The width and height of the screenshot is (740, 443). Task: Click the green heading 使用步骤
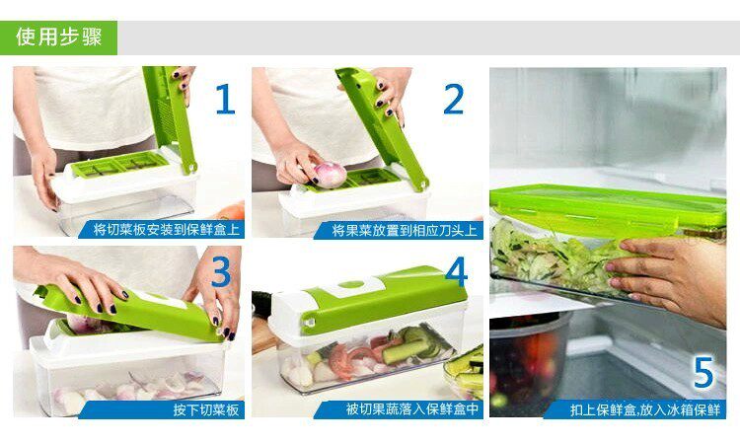[x=58, y=37]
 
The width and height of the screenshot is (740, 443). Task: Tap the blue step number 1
[x=225, y=99]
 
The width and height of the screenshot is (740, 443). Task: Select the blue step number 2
[x=453, y=99]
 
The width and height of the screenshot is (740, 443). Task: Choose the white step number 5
[x=703, y=372]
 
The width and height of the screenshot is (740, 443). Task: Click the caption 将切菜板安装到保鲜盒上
[x=167, y=230]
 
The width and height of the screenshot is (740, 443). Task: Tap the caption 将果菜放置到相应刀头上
[x=405, y=230]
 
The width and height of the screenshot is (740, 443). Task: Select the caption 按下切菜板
[x=206, y=409]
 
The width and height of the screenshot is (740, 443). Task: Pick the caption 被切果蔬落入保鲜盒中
[x=412, y=409]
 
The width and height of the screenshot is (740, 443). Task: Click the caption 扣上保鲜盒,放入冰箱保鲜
[x=645, y=409]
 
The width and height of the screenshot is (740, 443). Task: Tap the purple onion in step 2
[x=330, y=174]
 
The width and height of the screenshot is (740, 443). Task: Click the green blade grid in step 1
[x=119, y=164]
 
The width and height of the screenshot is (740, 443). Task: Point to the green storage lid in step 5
[x=608, y=207]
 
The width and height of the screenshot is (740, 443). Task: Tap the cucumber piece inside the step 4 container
[x=406, y=349]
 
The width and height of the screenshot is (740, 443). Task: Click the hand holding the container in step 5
[x=670, y=278]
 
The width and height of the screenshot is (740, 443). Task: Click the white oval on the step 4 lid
[x=351, y=284]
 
